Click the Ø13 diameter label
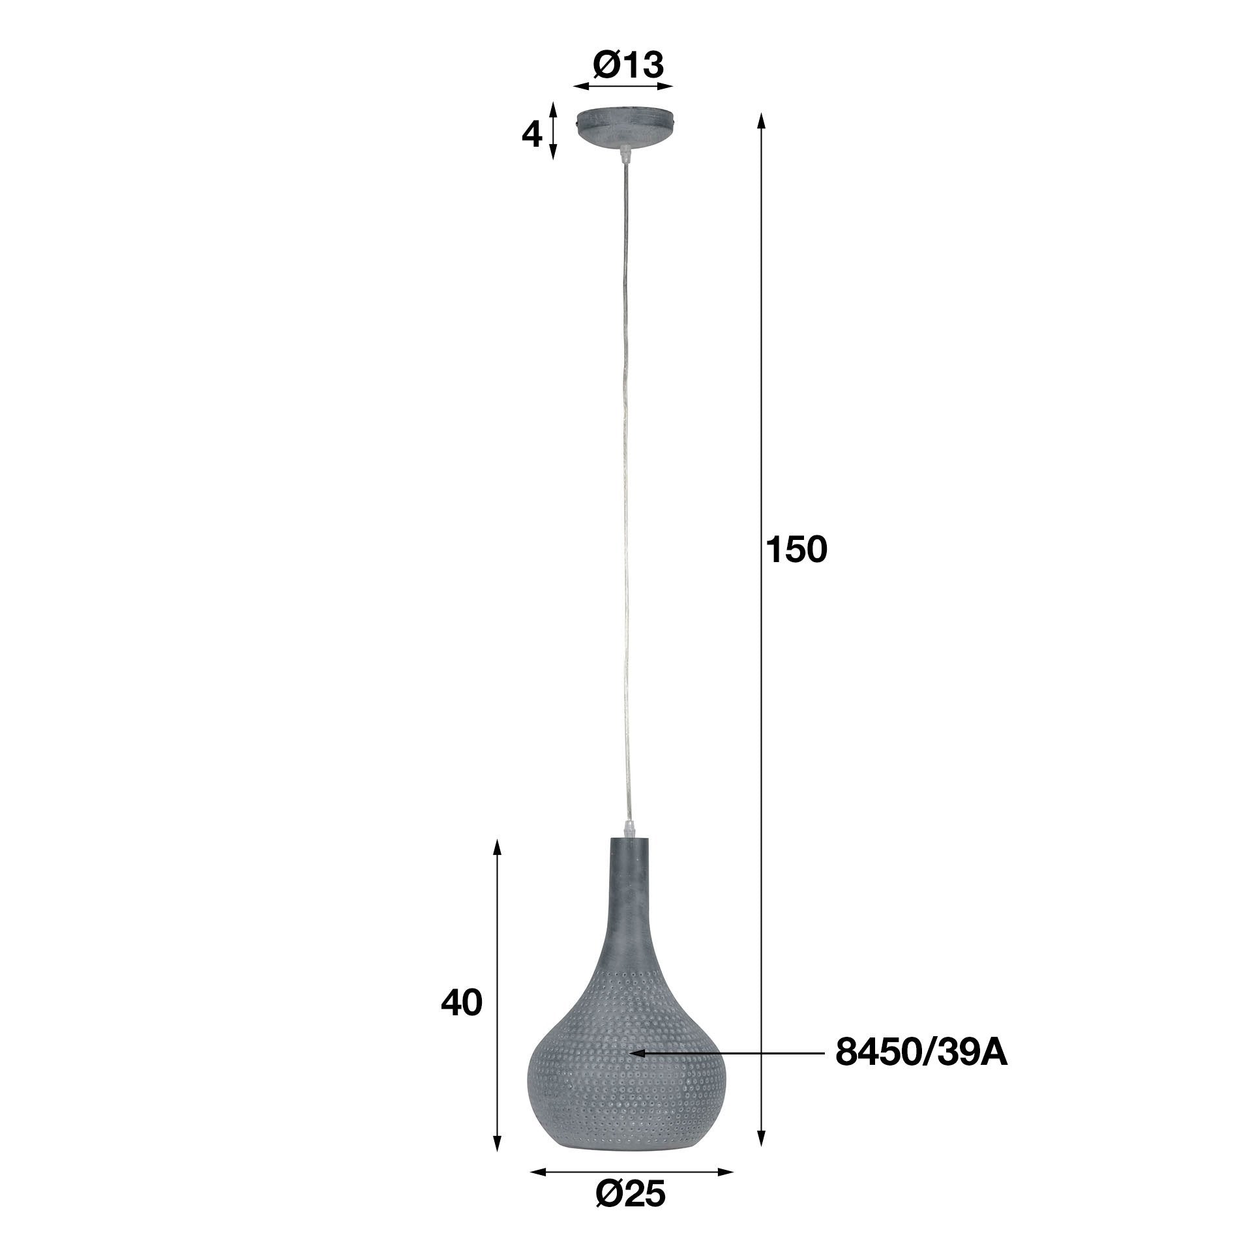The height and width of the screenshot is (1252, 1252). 628,65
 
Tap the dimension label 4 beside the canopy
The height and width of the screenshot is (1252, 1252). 532,135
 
